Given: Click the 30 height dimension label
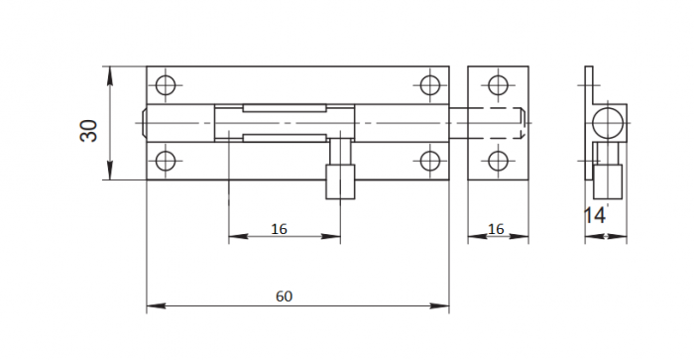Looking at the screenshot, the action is pos(89,131).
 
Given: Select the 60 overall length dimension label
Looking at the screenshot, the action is pos(285,297).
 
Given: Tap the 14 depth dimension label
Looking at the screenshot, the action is pos(595,215).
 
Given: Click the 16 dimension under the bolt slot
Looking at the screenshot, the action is pos(279,229).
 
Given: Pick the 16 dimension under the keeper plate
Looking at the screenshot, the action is pos(496,229).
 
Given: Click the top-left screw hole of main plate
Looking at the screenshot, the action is pos(166,85).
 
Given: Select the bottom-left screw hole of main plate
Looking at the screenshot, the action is pos(166,161).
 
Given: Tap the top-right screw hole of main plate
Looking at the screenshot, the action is pos(429,85).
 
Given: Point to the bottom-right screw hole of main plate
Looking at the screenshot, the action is pos(429,161).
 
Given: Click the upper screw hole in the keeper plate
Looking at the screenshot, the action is pos(498,85).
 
